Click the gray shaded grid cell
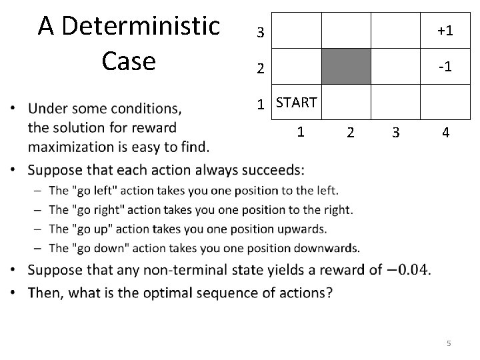[x=346, y=66]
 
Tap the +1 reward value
[x=445, y=31]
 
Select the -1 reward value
[x=446, y=67]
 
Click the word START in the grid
[x=296, y=102]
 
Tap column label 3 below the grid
[x=396, y=132]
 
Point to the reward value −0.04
[x=408, y=270]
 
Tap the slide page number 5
[x=449, y=343]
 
